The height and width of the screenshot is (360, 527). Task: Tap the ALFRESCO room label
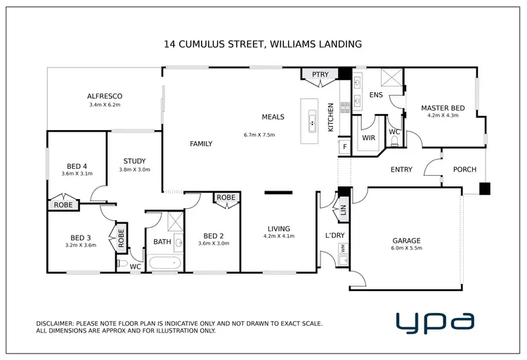[105, 96]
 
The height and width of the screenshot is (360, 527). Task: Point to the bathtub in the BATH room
[167, 264]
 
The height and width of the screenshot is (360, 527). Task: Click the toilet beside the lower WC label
[122, 265]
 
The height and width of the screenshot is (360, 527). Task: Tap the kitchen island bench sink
[311, 126]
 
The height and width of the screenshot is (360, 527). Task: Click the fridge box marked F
[344, 147]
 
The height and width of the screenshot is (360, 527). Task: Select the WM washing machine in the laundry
[343, 247]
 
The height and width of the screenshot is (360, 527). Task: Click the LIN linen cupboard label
[344, 210]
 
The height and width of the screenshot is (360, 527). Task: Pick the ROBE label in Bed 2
[226, 198]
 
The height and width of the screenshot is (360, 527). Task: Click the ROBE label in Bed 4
[63, 205]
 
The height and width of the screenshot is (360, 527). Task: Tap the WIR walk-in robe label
[369, 138]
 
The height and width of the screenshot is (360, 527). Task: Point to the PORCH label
[464, 169]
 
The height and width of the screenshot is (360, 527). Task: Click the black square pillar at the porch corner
[485, 188]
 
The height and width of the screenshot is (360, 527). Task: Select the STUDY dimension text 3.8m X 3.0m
[134, 169]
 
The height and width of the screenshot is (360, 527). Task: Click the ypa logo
[434, 322]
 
